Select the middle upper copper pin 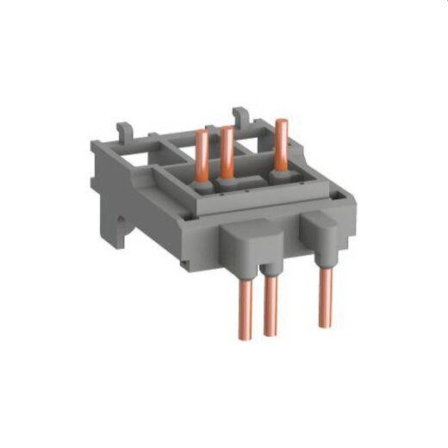[228, 154]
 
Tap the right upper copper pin [281, 146]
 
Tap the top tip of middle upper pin [228, 130]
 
